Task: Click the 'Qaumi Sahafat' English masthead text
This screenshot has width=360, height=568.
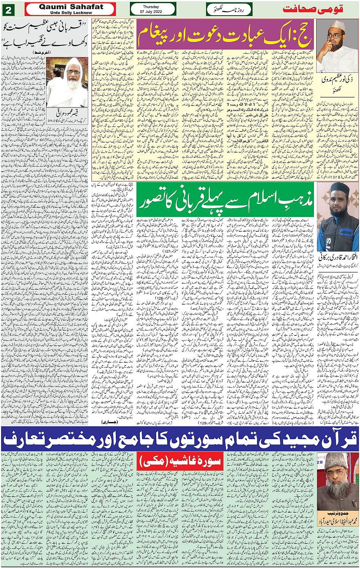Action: pos(71,7)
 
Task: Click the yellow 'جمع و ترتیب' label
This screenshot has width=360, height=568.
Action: pos(337,513)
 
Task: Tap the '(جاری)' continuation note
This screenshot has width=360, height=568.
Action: pos(110,422)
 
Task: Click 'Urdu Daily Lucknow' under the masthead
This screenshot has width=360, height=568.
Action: pos(71,13)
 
